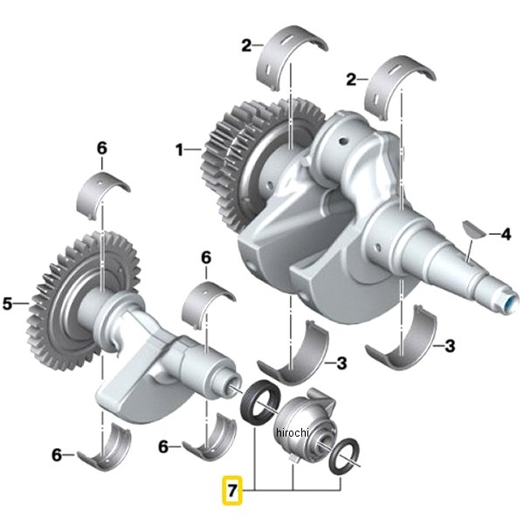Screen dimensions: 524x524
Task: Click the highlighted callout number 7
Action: click(x=232, y=490)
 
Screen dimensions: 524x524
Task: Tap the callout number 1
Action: click(x=179, y=150)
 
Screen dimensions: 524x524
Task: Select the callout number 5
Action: click(x=7, y=303)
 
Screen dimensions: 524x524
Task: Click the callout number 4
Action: click(x=507, y=234)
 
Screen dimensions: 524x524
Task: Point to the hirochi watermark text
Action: click(x=292, y=433)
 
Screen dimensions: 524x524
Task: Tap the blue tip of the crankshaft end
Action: click(x=511, y=304)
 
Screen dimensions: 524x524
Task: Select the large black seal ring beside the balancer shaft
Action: click(x=261, y=403)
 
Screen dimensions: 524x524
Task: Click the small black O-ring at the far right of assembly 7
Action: click(x=344, y=456)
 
